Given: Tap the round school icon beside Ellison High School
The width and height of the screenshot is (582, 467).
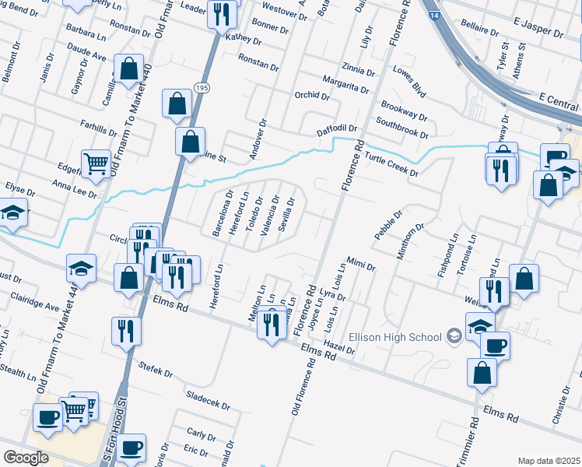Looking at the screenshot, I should [454, 337].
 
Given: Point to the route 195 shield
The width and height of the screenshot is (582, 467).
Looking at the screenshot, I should [202, 87].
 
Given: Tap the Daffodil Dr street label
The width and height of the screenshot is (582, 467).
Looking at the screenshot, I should [336, 128].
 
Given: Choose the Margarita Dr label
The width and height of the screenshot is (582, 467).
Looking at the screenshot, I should [345, 84].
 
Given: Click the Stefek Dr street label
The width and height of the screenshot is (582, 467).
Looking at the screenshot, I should [155, 369].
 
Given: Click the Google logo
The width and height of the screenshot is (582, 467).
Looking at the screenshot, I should [26, 458].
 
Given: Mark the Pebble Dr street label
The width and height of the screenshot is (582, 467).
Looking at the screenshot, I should [387, 225].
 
